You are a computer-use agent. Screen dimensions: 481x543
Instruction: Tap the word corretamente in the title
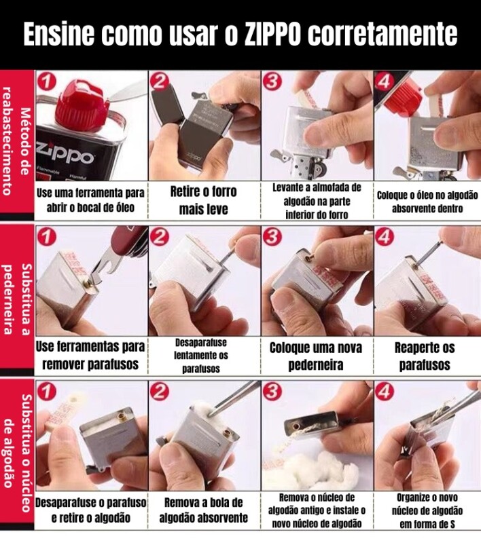382,35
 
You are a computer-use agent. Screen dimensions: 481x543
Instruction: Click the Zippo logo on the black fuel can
65,155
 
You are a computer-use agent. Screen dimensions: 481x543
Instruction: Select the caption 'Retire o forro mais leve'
203,200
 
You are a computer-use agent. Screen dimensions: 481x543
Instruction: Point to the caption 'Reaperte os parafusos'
425,356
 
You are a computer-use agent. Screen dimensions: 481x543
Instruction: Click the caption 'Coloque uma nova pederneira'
316,356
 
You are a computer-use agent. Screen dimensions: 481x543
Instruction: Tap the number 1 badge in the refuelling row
47,82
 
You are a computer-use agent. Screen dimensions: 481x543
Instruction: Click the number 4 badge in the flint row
385,237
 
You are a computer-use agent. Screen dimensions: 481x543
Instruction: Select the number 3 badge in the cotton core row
272,392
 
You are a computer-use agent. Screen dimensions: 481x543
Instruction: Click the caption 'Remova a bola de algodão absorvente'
203,510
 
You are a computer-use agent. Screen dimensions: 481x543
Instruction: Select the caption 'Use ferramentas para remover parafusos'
90,355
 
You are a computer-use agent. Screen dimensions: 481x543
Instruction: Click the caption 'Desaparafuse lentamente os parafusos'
201,356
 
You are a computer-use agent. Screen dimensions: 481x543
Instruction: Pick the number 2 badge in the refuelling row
160,82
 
